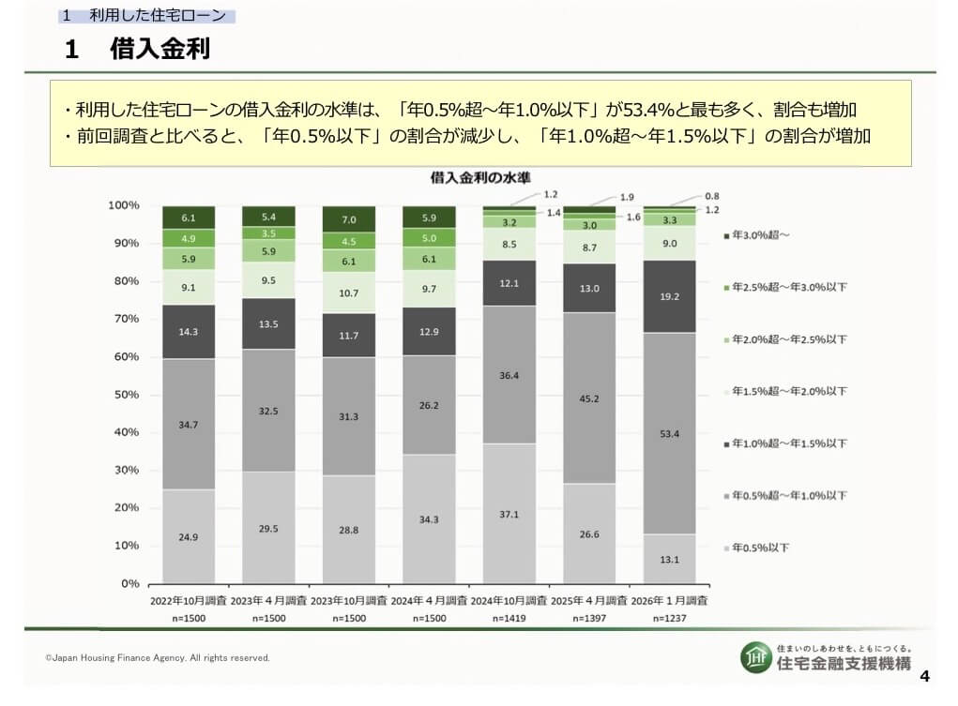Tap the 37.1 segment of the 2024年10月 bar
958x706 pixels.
(x=509, y=514)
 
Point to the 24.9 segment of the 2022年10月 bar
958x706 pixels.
(x=189, y=536)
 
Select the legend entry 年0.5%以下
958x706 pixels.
(x=760, y=548)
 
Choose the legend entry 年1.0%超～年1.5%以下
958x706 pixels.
(x=788, y=443)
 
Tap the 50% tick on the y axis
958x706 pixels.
(x=125, y=395)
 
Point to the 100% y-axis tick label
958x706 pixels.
(x=123, y=205)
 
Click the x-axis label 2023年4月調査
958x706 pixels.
(x=268, y=600)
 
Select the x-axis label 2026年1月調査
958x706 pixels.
(x=669, y=600)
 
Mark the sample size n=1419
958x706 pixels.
(x=509, y=619)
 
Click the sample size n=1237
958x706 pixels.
(x=669, y=619)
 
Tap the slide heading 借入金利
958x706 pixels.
(x=159, y=50)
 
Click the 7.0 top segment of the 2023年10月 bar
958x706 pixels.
(x=349, y=218)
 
